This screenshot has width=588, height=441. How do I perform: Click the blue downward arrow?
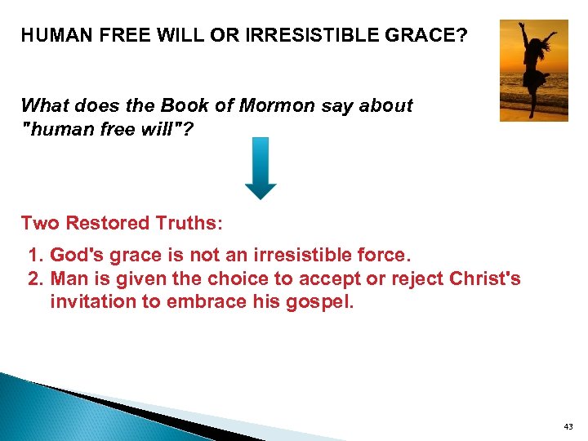click(x=261, y=168)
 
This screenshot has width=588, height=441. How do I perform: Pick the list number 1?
click(x=35, y=256)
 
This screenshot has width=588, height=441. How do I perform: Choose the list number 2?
click(x=35, y=279)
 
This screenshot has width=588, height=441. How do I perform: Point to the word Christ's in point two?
click(x=485, y=279)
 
